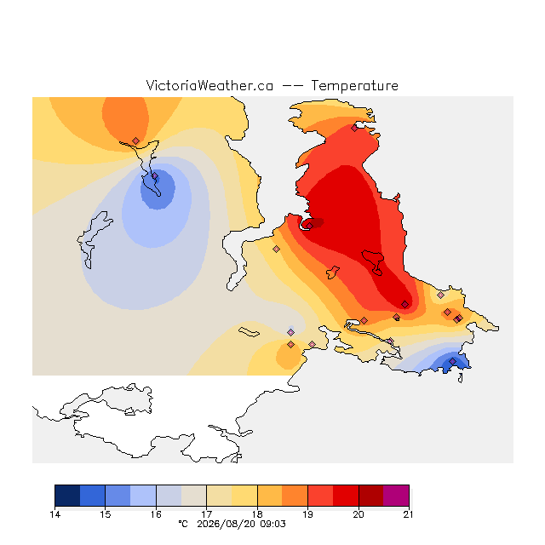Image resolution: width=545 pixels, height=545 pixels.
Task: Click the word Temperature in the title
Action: (x=354, y=85)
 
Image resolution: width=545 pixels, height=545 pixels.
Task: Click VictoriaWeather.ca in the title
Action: (x=209, y=85)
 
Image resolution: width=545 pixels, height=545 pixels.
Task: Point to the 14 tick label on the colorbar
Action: (x=54, y=514)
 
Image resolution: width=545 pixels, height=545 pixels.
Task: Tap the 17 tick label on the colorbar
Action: (x=206, y=514)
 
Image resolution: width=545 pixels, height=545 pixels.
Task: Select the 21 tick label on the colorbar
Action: (x=409, y=514)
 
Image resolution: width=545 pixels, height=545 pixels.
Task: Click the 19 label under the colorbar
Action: (x=307, y=514)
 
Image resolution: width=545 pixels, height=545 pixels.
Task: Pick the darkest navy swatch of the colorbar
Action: (x=67, y=496)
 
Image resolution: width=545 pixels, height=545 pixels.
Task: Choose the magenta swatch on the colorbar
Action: (x=396, y=496)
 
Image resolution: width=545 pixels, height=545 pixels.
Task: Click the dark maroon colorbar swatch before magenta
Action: (x=371, y=496)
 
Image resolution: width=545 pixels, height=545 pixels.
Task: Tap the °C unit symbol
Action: (x=183, y=524)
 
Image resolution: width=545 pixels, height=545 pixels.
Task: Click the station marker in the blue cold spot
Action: (x=155, y=176)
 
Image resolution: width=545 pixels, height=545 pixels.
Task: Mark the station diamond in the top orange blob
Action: (x=136, y=141)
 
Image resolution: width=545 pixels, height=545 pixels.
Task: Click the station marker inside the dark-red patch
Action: (x=309, y=226)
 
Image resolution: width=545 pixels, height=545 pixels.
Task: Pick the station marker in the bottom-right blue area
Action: (x=452, y=361)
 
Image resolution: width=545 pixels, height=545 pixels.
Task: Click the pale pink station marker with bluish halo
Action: (x=291, y=333)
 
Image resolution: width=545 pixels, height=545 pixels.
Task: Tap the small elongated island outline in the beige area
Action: (x=249, y=332)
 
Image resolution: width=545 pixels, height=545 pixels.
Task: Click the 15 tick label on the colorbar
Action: (x=106, y=514)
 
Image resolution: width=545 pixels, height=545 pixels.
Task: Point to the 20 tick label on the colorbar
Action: (x=359, y=514)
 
